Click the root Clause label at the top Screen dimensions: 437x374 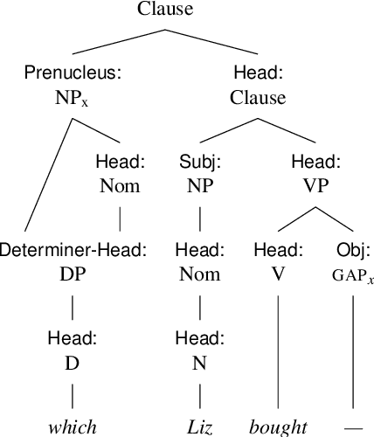point(166,10)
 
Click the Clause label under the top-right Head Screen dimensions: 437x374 point(258,98)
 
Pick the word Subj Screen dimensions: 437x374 point(200,162)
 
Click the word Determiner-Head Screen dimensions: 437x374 point(72,250)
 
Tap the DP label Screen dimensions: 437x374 point(72,274)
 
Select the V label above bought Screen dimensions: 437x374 point(278,274)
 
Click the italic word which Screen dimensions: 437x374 point(72,427)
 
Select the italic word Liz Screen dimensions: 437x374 point(200,427)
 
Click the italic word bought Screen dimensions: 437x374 point(278,427)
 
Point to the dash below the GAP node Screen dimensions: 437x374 point(353,427)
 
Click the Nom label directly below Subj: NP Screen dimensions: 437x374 point(200,274)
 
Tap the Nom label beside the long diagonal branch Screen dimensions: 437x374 point(119,185)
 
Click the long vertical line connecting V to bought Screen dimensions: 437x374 point(278,350)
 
